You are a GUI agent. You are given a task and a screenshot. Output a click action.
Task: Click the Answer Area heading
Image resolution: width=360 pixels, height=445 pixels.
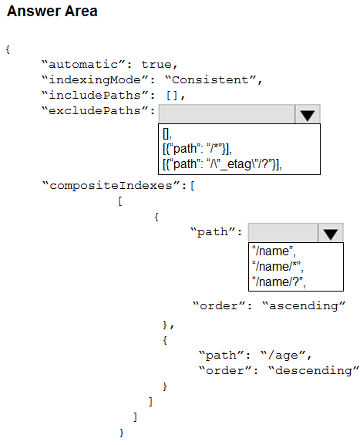[52, 12]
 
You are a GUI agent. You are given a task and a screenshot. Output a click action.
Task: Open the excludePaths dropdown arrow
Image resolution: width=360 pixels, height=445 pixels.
[308, 115]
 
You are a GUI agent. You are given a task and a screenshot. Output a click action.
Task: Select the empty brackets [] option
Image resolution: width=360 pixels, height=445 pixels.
[167, 133]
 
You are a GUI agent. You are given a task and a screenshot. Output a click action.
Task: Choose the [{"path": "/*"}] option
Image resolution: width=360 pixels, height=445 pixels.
[197, 149]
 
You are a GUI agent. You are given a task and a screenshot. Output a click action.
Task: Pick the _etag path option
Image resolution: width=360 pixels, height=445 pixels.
[223, 164]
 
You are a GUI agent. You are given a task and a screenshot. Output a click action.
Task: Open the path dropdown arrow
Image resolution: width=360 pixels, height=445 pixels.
[331, 233]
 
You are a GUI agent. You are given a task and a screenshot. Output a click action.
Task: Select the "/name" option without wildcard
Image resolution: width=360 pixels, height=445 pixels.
[274, 251]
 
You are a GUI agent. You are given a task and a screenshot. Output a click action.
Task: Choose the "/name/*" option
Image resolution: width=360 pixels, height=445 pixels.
[278, 267]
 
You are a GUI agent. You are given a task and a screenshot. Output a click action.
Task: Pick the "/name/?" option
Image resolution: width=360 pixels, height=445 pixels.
[279, 282]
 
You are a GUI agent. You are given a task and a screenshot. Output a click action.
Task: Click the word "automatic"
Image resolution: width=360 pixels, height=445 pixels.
[83, 65]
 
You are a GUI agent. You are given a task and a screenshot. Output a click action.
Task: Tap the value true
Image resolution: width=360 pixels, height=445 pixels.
[156, 65]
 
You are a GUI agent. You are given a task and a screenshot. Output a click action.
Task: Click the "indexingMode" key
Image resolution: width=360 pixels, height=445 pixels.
[95, 80]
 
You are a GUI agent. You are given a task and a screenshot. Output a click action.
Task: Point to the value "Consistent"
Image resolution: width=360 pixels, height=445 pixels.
[210, 80]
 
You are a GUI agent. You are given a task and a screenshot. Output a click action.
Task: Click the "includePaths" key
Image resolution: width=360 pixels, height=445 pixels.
[95, 96]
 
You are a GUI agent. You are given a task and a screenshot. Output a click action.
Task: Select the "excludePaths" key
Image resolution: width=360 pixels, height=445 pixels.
[95, 111]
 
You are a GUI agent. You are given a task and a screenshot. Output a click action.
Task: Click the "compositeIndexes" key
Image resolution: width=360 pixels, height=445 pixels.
[111, 186]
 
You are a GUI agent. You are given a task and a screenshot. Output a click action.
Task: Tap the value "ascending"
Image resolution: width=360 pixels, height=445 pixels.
[304, 306]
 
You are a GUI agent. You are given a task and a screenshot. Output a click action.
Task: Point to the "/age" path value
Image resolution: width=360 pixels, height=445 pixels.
[283, 356]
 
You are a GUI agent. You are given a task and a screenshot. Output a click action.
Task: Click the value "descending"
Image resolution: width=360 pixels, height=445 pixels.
[314, 371]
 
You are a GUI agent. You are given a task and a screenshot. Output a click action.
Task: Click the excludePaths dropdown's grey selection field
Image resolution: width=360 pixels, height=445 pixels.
[227, 114]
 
